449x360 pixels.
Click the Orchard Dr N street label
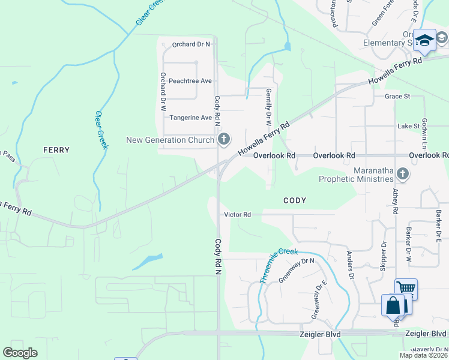point(191,44)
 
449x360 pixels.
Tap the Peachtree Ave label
point(190,81)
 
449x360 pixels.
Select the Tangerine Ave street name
point(190,118)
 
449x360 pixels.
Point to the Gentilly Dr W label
point(268,107)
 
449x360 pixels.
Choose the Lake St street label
point(408,127)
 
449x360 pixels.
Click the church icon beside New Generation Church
point(224,140)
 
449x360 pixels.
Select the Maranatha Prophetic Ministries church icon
point(402,174)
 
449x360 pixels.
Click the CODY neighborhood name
point(295,200)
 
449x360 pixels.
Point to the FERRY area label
point(56,150)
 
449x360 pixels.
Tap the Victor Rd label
point(237,214)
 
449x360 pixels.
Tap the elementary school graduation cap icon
point(424,40)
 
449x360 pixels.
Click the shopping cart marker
point(406,288)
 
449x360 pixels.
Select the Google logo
point(20,353)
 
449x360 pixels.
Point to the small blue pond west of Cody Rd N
point(147,262)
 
